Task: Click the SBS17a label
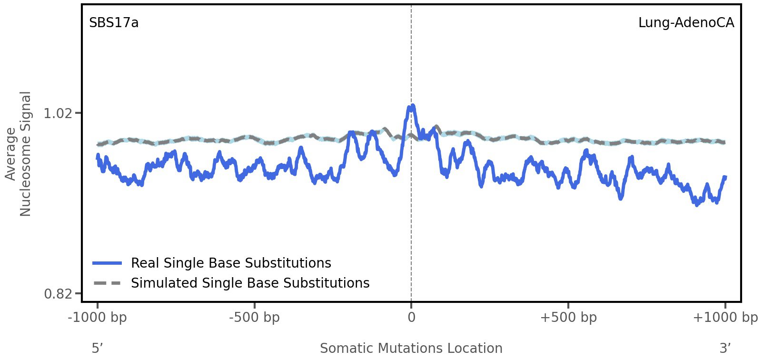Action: [114, 23]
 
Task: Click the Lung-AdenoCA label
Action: [686, 23]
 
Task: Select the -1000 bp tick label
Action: [98, 318]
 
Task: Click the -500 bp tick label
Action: [254, 318]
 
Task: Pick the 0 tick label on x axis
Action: [411, 318]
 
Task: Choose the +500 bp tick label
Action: [568, 318]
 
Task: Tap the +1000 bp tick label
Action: [725, 318]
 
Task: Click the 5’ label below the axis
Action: [98, 348]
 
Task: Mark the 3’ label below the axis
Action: [725, 348]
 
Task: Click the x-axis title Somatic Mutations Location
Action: [411, 348]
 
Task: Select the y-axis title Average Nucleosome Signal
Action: [18, 153]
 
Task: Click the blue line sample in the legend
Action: [107, 263]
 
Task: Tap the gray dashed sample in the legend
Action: [107, 283]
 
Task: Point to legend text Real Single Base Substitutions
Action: [231, 263]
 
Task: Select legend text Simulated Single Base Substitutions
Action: [250, 283]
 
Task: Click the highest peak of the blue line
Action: [413, 105]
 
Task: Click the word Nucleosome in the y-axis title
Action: [25, 153]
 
